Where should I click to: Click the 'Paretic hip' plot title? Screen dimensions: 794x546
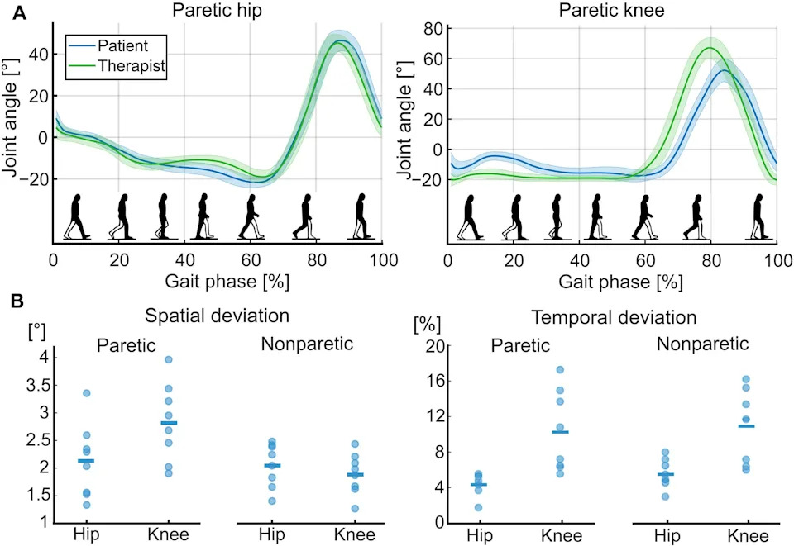pos(217,10)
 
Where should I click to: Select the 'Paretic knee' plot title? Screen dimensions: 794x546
pos(611,10)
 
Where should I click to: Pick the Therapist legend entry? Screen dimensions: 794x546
pos(117,66)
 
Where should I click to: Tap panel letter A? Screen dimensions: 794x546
pos(19,12)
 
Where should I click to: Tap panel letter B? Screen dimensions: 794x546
pos(17,301)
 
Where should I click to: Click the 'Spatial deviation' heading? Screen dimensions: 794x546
pos(217,316)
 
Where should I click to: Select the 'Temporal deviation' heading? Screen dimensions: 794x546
pos(614,317)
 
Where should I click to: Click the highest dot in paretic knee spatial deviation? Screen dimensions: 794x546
pos(169,359)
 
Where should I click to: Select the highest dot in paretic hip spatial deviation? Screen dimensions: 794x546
pos(86,393)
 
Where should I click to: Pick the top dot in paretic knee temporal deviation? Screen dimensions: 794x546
pos(560,369)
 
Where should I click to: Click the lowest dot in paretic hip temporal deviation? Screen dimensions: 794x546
pos(478,507)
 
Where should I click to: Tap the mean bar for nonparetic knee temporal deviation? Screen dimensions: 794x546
pos(746,426)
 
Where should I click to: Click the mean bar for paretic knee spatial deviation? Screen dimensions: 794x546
pos(169,423)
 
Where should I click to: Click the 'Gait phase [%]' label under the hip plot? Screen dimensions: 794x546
pos(227,282)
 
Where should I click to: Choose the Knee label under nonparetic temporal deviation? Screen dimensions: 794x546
pos(748,535)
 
